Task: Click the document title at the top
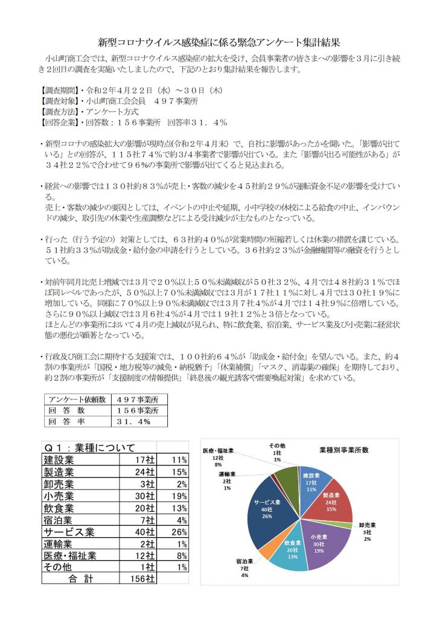tap(219, 43)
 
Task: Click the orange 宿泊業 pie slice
tap(265, 546)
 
